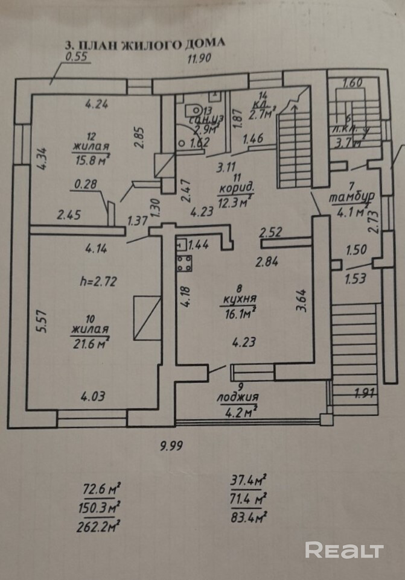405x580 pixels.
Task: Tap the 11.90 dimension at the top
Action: point(200,59)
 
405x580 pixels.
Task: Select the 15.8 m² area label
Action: point(92,159)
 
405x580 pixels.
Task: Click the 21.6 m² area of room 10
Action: point(89,344)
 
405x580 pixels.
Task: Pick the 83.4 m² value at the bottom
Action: point(248,517)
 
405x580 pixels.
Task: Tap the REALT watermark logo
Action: point(344,550)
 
